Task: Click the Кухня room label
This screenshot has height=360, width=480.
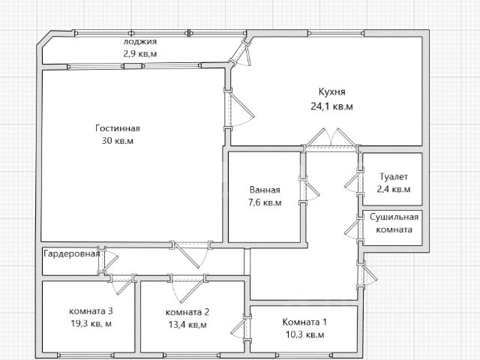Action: (x=331, y=92)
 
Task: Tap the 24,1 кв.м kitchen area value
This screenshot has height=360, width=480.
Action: (x=331, y=106)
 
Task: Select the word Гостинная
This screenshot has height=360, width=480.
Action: (x=118, y=128)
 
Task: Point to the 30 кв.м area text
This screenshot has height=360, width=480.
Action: (x=118, y=141)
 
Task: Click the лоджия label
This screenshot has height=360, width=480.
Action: (x=140, y=42)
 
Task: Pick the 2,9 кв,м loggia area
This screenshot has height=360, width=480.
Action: (x=140, y=54)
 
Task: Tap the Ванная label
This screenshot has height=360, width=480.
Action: (x=265, y=190)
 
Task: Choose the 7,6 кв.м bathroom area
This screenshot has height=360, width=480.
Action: (x=265, y=202)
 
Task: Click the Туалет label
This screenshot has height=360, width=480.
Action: (x=394, y=177)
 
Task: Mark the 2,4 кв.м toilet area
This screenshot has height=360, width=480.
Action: (x=394, y=189)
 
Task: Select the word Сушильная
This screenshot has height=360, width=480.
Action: (x=394, y=217)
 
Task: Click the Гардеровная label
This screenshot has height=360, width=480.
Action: (x=72, y=253)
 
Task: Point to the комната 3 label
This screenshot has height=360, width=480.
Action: (x=91, y=311)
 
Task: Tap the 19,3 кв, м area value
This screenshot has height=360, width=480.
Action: (x=91, y=323)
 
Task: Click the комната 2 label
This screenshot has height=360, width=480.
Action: (x=187, y=312)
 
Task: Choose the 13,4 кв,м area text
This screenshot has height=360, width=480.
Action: (x=187, y=325)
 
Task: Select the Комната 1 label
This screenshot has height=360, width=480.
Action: (x=304, y=322)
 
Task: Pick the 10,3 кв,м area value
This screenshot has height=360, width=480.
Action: (x=304, y=334)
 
